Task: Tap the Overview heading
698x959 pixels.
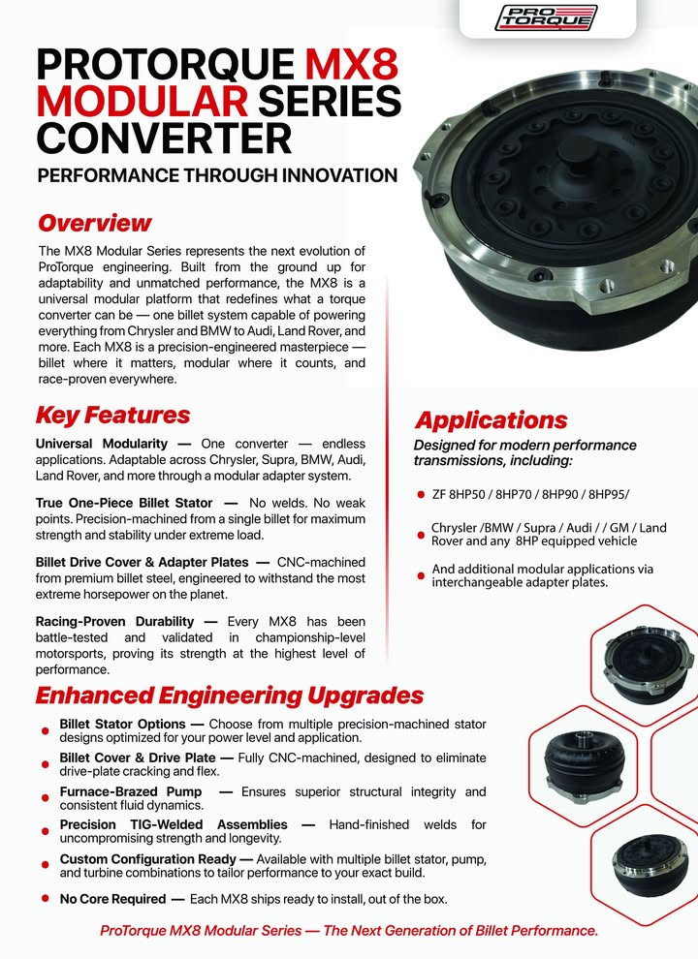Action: (94, 223)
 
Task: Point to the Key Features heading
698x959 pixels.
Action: (112, 416)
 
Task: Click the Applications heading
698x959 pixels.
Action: (491, 420)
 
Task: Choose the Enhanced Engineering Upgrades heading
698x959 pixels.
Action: (229, 696)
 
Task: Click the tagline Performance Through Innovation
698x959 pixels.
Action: (216, 176)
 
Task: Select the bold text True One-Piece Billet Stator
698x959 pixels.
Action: (123, 503)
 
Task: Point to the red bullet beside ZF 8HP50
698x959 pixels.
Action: (421, 496)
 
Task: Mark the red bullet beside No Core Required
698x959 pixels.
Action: (45, 899)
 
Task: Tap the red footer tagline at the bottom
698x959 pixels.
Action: (349, 931)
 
